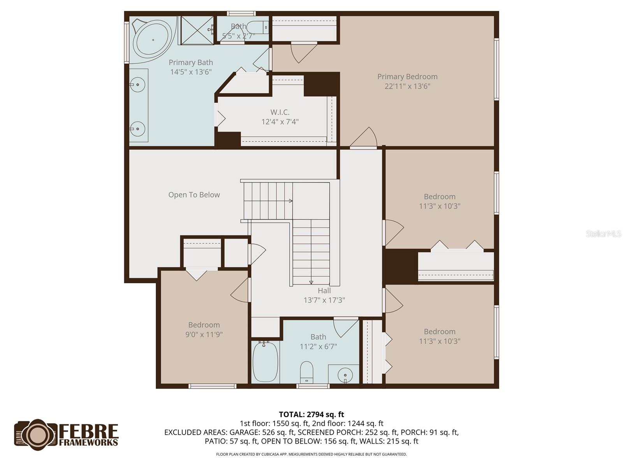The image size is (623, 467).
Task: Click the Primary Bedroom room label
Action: (x=407, y=77)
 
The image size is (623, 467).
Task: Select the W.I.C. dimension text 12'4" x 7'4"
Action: (x=280, y=122)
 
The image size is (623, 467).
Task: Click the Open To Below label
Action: (x=194, y=195)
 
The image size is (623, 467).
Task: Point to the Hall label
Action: (x=324, y=291)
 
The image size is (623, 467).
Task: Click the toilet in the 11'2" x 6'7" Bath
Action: (x=307, y=372)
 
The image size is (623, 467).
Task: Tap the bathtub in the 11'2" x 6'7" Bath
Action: (x=265, y=362)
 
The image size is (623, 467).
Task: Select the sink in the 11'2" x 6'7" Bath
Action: (x=345, y=375)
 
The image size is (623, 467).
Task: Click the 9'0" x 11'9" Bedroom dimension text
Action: (x=204, y=334)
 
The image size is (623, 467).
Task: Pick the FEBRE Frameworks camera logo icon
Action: (x=37, y=435)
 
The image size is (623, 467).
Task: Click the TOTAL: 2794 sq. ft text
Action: (x=311, y=414)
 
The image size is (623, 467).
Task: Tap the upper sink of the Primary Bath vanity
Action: (x=137, y=84)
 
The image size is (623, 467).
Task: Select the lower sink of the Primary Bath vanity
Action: (x=137, y=129)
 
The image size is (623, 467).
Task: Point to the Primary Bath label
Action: (x=190, y=62)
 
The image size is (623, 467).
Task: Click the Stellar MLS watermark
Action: (x=604, y=233)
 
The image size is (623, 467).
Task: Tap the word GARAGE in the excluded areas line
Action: (x=243, y=432)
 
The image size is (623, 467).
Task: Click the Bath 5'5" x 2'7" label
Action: (x=238, y=26)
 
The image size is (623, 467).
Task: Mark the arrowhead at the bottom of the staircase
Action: (x=311, y=283)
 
